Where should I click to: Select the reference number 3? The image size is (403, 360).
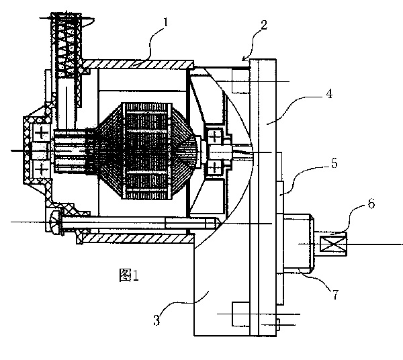click(156, 320)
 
